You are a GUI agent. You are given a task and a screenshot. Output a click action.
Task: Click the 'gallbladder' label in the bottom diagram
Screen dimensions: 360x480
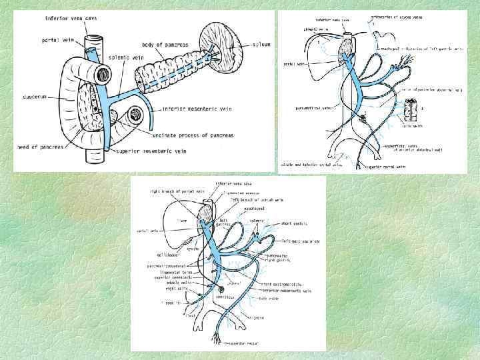pos(159,255)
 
